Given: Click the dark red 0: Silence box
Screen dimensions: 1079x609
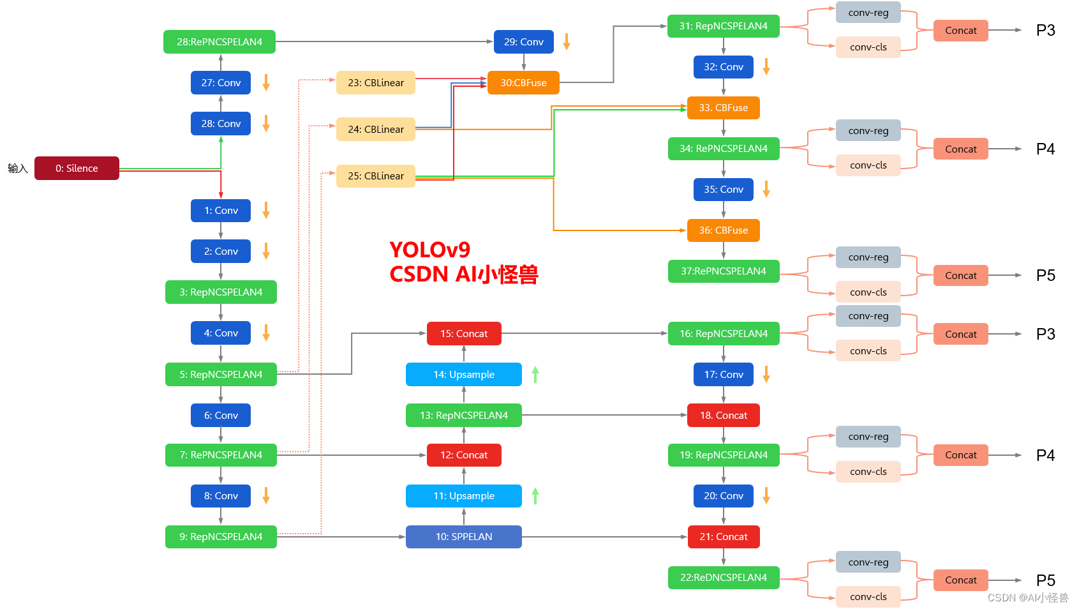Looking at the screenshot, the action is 77,168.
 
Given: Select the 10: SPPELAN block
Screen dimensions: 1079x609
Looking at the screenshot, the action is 463,537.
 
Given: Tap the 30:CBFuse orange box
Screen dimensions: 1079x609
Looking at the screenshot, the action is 523,82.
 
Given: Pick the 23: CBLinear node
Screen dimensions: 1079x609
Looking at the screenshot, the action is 376,82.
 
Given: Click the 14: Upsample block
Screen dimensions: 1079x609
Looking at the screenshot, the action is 463,374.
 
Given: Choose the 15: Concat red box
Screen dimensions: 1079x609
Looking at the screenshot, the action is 464,333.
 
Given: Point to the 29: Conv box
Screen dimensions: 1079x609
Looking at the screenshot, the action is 524,42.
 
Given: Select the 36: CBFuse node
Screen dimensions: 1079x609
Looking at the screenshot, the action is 723,230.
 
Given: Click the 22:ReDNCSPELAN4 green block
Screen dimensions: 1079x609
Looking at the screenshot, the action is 724,577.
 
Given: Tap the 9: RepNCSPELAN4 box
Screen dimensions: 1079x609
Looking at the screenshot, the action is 221,537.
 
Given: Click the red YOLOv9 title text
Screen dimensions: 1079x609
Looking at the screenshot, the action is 429,250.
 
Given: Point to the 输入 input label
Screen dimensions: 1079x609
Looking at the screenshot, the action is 18,168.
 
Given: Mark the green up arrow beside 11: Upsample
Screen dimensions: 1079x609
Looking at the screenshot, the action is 535,496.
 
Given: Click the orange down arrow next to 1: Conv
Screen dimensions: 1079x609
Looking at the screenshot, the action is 266,210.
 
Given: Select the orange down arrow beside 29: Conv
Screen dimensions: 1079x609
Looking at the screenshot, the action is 567,42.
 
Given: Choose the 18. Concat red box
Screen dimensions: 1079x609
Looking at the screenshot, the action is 723,416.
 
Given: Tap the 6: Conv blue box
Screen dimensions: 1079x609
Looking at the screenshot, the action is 221,416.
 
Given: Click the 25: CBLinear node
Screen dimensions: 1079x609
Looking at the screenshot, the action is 376,176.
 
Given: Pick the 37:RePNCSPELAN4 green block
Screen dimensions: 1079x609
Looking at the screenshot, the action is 724,271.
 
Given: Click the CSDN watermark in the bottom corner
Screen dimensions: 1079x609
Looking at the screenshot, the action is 1028,598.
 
